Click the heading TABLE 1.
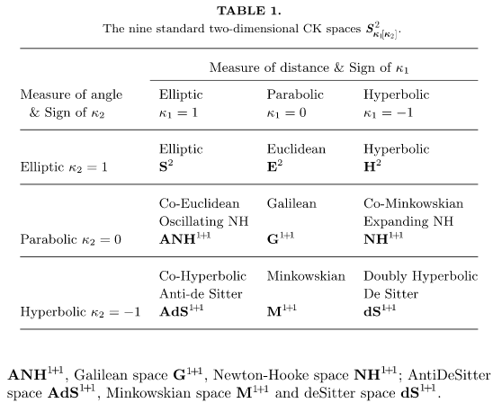251,10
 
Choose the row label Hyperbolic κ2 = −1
79,312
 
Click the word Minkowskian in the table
306,276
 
